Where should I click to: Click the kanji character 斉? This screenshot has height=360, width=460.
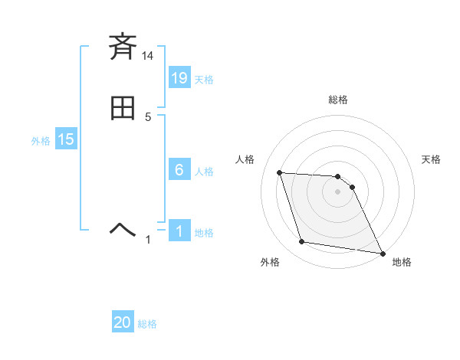[123, 47]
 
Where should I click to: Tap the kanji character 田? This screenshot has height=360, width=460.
[123, 109]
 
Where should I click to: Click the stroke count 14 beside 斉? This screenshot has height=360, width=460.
[148, 56]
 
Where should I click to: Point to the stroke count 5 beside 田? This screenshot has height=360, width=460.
[148, 117]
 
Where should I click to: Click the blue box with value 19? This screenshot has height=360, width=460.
[179, 77]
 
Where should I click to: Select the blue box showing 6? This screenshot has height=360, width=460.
[179, 170]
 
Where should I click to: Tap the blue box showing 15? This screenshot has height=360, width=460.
[66, 139]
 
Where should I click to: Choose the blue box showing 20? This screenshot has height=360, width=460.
[123, 322]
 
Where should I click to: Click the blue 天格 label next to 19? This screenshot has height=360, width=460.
[204, 79]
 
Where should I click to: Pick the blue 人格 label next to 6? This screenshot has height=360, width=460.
[204, 172]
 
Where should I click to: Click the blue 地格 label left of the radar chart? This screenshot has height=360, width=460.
[204, 233]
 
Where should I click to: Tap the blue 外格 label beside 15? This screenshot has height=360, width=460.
[41, 141]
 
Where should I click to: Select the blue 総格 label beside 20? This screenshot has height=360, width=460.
[147, 324]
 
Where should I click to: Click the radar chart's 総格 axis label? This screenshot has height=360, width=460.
[337, 100]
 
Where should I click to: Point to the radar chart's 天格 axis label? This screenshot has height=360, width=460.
[431, 159]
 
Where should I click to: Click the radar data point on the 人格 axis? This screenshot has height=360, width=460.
[280, 173]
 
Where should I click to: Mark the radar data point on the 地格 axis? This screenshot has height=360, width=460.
[382, 253]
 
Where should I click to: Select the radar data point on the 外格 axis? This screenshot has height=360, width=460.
[302, 242]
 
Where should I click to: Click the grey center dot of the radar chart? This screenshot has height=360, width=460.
[337, 191]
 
